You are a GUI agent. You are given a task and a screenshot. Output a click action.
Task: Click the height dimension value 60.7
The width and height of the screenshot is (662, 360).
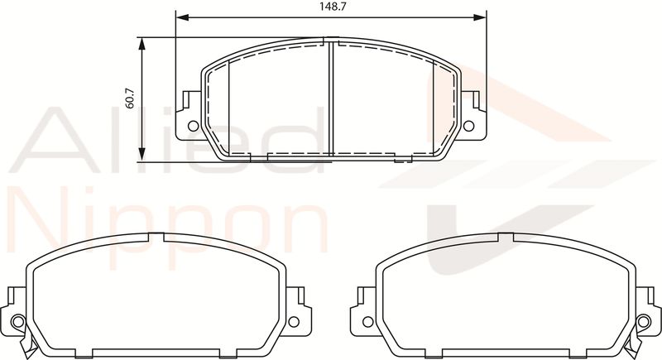(130, 98)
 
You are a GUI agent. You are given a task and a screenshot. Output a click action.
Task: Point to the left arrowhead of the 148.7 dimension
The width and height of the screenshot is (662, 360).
(181, 17)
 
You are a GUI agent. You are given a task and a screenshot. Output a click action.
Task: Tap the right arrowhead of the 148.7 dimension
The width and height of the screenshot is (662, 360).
(480, 17)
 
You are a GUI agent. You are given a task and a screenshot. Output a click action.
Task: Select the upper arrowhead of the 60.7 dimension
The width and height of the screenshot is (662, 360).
(142, 44)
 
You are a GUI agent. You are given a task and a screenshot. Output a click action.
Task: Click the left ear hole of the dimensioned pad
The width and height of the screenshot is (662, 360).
(193, 126)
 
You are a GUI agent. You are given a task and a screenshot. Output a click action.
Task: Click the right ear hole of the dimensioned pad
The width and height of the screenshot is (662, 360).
(468, 126)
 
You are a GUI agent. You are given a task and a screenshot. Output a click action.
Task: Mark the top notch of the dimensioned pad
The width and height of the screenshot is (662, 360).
(330, 41)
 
